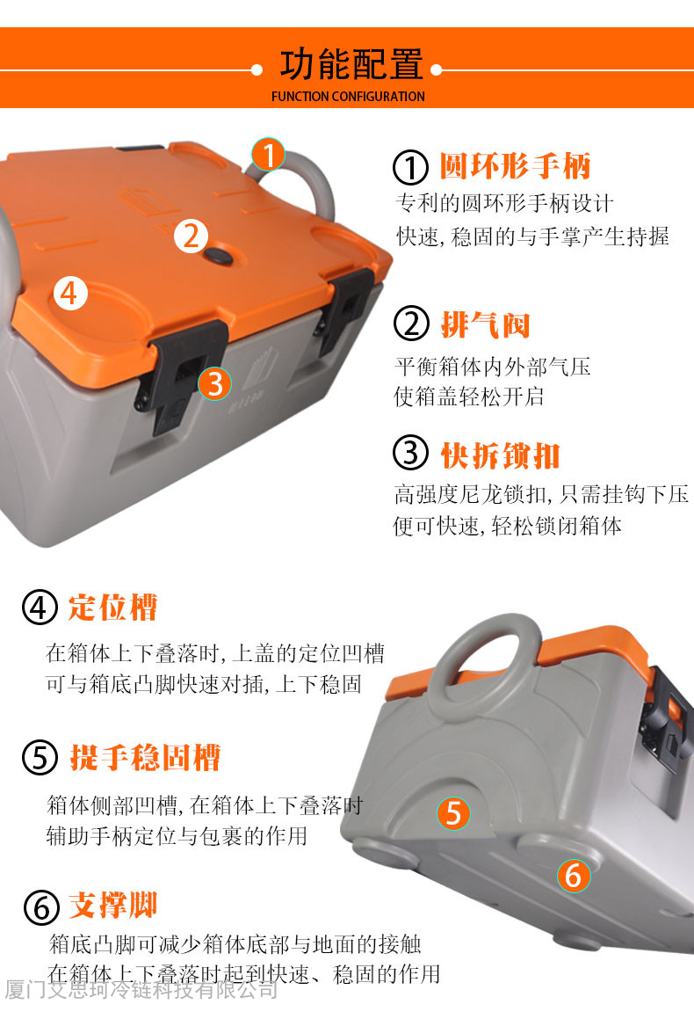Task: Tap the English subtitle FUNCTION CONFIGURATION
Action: point(348,96)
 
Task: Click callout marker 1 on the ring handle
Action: point(268,155)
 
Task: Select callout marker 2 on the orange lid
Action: point(191,236)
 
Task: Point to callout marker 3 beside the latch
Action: point(215,383)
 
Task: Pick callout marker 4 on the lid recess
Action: point(70,293)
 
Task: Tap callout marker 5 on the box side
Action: point(453,813)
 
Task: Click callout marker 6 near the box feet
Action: point(574,875)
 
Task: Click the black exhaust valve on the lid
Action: point(218,255)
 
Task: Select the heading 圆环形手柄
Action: point(515,165)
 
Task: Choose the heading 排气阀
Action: point(485,324)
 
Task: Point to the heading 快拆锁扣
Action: point(500,455)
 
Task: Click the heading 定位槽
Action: point(112,607)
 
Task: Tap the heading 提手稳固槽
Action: point(145,757)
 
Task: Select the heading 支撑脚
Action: point(113,906)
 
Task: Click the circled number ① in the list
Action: point(410,167)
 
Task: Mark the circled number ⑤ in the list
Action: point(40,758)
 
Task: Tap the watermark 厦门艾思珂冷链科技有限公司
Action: point(141,990)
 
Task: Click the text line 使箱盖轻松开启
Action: point(469,397)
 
